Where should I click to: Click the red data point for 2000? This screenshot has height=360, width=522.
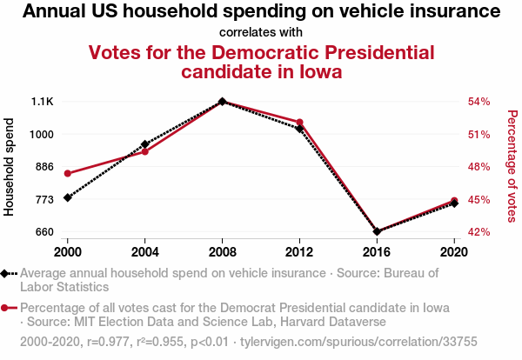pos(67,173)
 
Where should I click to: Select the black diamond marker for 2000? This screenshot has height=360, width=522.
pos(67,197)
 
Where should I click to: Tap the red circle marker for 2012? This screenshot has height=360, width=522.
pos(299,122)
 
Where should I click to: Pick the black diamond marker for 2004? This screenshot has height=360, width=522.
pos(144,144)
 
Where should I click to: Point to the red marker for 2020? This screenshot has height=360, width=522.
pos(454,201)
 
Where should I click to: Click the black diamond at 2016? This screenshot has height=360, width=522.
pos(377,231)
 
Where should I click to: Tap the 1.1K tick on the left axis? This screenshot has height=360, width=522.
pos(42,102)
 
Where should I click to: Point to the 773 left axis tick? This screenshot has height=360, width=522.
pos(43,199)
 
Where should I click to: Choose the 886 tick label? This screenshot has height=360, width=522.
pos(43,167)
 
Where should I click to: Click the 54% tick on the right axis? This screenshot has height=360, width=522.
pos(479,102)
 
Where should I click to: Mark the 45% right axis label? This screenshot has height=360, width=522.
pos(479,199)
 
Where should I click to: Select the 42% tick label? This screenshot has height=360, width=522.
pos(479,232)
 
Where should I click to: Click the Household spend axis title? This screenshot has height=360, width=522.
pos(10,167)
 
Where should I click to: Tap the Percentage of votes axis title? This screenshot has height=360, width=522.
pos(512,167)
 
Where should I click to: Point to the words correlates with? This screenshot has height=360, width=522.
pos(261,32)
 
